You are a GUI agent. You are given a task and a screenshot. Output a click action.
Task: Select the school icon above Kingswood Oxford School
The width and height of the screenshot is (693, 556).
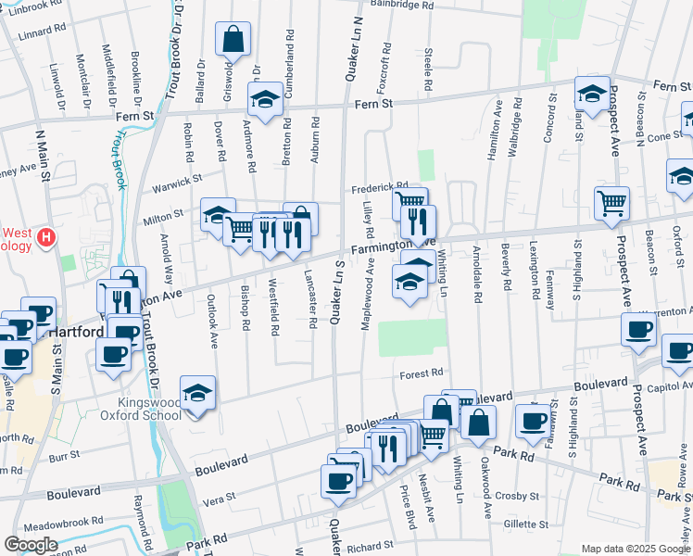[197, 394]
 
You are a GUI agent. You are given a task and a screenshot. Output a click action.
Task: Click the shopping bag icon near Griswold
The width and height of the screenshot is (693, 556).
[233, 40]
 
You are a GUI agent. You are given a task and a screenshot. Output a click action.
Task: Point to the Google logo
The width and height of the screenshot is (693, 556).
[31, 544]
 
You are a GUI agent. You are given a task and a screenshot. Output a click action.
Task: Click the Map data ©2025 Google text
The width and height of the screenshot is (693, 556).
[636, 549]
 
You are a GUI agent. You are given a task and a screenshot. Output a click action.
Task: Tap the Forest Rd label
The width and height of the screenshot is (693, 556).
[422, 374]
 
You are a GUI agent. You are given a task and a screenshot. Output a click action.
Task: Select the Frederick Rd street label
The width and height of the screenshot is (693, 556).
[379, 188]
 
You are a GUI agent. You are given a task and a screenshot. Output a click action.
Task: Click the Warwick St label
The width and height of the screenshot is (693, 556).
[177, 180]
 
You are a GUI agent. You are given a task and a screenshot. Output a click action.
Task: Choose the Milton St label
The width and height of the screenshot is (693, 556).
[164, 215]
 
